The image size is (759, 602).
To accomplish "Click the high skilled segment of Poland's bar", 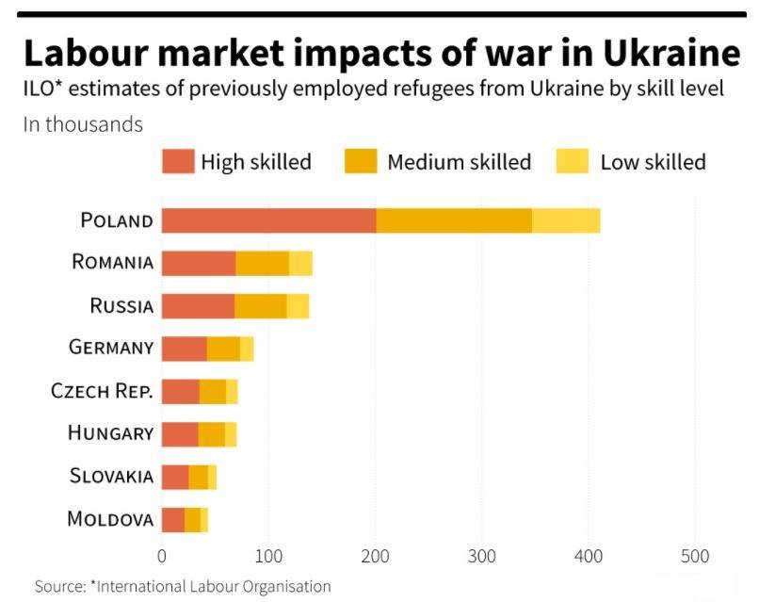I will click(268, 220).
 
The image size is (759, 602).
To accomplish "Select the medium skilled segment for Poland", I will click(454, 220).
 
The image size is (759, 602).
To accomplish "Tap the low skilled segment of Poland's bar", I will click(566, 220).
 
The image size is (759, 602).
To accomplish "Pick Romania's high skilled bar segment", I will click(198, 263).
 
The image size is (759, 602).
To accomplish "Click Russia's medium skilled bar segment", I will click(261, 305).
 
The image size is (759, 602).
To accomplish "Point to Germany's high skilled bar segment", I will click(184, 348).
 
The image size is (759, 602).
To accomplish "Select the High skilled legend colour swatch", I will click(177, 161).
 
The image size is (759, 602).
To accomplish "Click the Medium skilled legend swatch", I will click(363, 161).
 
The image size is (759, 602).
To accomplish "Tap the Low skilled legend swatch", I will click(573, 161).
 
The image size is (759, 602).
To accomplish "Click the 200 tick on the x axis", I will click(376, 556).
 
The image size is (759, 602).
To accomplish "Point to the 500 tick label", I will click(695, 556).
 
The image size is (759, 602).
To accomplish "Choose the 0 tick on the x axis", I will click(162, 556).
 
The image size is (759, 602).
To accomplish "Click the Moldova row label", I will click(110, 519).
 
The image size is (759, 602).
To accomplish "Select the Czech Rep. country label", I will click(102, 391).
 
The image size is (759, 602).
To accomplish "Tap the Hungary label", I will click(110, 433).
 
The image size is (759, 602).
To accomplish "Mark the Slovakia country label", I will click(111, 476).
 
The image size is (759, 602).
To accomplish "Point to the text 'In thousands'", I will click(83, 124).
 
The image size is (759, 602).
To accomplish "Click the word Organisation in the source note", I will click(283, 586).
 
